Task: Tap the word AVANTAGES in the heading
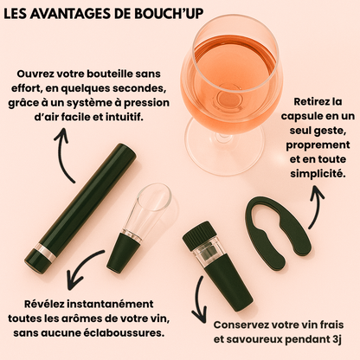click(x=68, y=13)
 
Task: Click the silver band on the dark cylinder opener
click(x=46, y=253)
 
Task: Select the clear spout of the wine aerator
click(x=149, y=210)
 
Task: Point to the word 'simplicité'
click(x=318, y=174)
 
